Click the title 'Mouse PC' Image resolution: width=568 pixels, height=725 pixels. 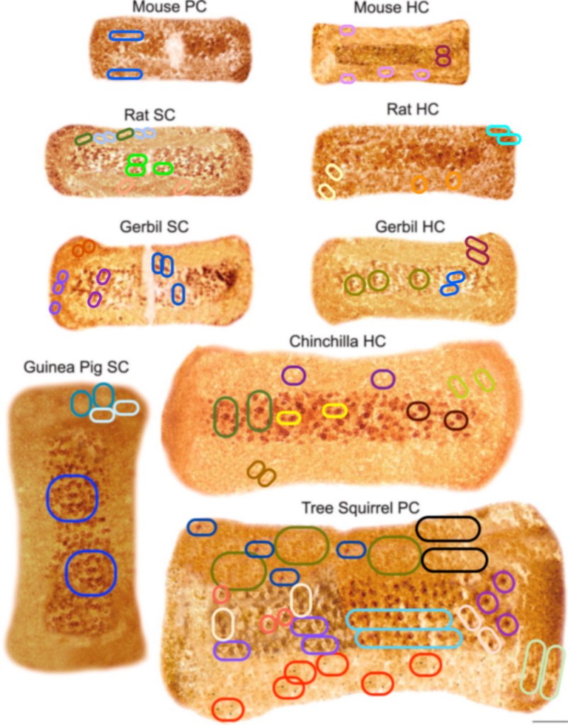[164, 8]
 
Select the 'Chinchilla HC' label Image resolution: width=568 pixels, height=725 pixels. [337, 341]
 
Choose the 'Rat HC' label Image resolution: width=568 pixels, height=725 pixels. [413, 109]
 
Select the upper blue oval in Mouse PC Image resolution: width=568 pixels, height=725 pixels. [126, 35]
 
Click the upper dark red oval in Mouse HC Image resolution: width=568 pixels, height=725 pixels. [443, 51]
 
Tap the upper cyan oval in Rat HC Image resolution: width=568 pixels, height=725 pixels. [499, 130]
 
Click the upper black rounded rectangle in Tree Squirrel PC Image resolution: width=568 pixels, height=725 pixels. [448, 529]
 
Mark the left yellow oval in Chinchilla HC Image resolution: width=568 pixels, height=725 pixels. [288, 418]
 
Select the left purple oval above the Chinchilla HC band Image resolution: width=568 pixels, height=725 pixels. [293, 375]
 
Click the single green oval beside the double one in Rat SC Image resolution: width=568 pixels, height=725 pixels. [163, 168]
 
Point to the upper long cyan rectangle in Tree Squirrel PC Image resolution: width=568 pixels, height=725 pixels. [399, 618]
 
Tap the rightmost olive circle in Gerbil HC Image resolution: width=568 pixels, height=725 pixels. [419, 278]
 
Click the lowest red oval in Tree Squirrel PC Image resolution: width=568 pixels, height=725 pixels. [227, 708]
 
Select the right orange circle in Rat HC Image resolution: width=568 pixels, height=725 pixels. [453, 181]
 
